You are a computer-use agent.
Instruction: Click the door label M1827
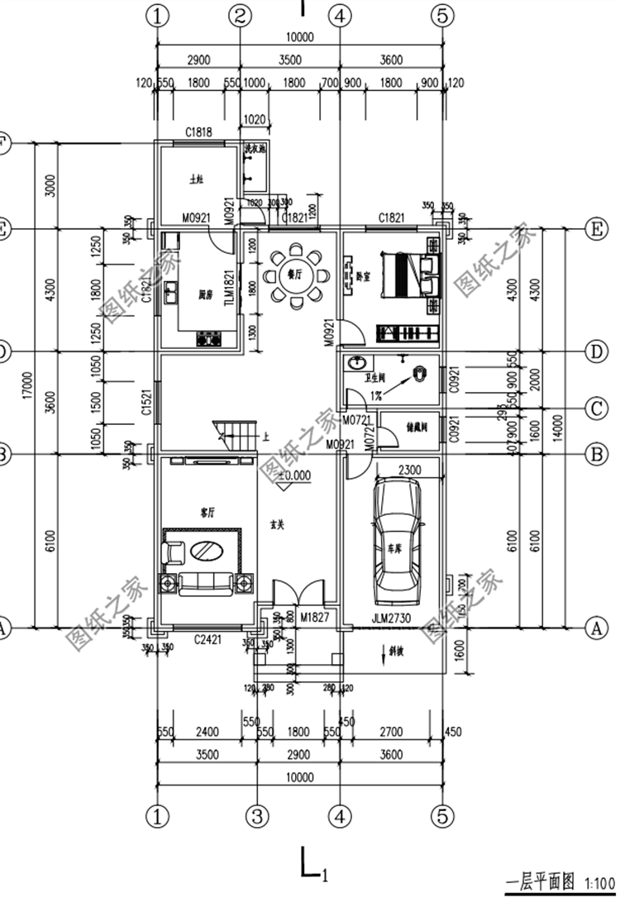[x=315, y=617]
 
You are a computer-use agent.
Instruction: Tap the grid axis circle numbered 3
[x=257, y=816]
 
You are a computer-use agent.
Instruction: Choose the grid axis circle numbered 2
[x=240, y=15]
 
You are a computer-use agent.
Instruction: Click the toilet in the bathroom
[x=421, y=374]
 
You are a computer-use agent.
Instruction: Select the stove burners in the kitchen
[x=208, y=337]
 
